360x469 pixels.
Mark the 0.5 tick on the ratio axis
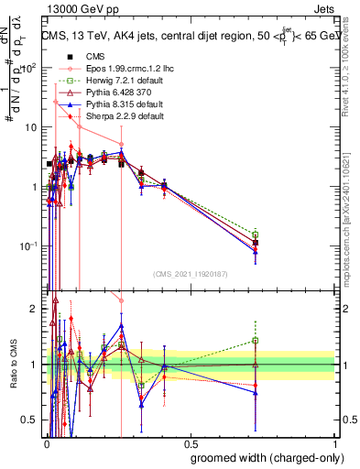tap(33, 420)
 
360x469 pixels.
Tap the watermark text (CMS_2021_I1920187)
tap(190, 273)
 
